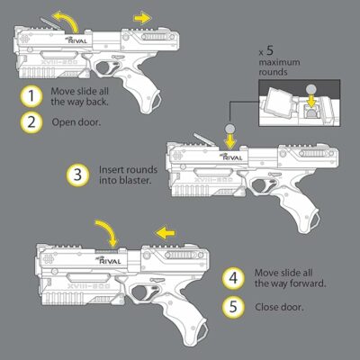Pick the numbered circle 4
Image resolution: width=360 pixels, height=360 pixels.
pyautogui.click(x=233, y=276)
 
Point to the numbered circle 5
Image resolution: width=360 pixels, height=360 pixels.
pyautogui.click(x=233, y=306)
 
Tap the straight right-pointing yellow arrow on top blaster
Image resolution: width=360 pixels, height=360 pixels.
pyautogui.click(x=141, y=16)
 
